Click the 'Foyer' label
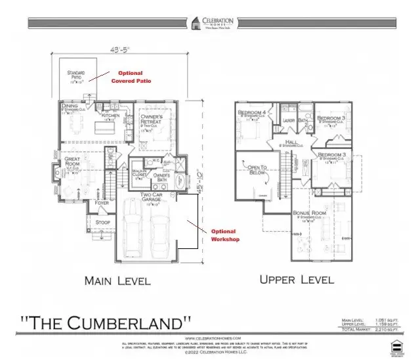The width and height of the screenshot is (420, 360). pos(101,203)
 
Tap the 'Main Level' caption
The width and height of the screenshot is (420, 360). pos(118,281)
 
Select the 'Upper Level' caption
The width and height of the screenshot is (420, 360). pos(297,279)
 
